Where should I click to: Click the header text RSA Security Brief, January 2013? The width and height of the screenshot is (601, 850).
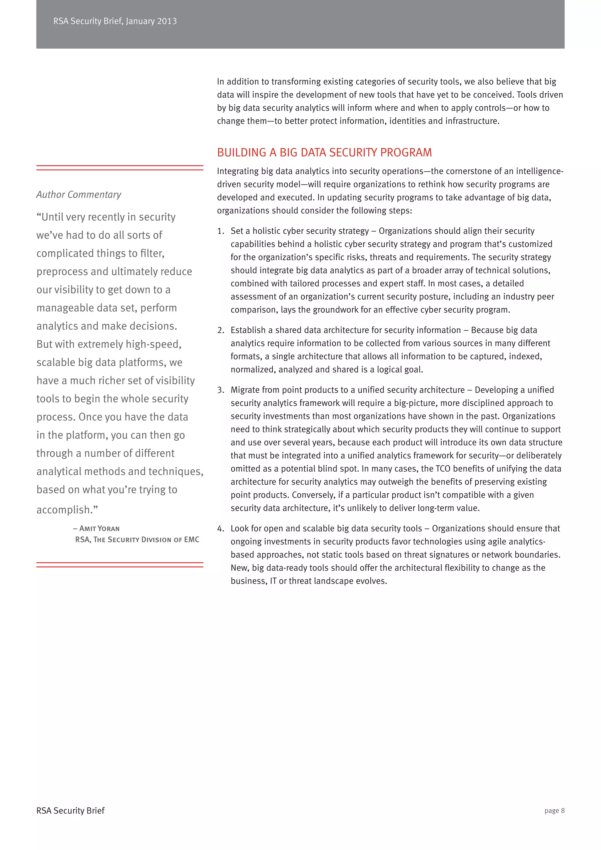115,21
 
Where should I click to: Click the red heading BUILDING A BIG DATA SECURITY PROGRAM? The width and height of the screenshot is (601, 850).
324,153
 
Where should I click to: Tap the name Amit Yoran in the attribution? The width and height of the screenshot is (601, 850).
99,529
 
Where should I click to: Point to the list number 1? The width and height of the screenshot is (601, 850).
221,231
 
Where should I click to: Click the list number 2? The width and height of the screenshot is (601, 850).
221,330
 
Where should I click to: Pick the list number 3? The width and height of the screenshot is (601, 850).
221,390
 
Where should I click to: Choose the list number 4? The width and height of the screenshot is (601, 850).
221,529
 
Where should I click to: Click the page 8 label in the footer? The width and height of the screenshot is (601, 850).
554,810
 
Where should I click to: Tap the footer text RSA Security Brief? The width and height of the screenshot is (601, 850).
70,810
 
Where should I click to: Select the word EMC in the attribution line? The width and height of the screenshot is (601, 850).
191,539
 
